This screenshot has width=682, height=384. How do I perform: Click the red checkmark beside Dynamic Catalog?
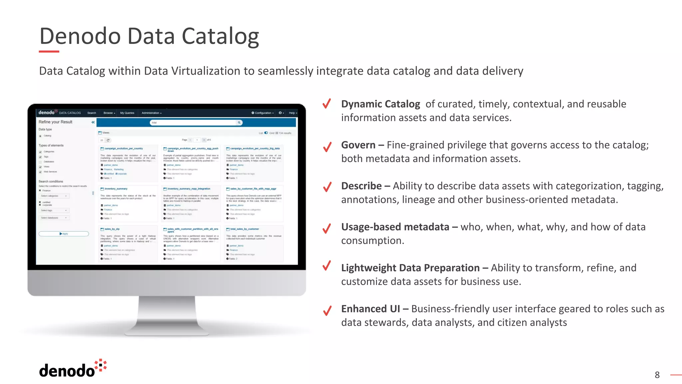tap(327, 104)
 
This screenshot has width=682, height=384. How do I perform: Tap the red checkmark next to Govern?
tap(327, 146)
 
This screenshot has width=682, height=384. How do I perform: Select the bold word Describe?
tap(361, 186)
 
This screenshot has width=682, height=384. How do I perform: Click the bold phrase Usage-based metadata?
tap(395, 227)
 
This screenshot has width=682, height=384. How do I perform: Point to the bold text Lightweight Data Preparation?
tap(410, 268)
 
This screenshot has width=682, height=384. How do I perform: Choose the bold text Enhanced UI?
tap(370, 309)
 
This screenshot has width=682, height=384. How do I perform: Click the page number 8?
tap(657, 375)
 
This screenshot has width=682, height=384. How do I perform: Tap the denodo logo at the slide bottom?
tap(73, 369)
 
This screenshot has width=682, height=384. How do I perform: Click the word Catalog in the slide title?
tap(220, 36)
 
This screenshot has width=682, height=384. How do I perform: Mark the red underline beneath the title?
tap(49, 52)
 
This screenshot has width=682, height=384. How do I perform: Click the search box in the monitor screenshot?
tap(195, 123)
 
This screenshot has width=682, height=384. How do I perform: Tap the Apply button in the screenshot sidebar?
tap(64, 234)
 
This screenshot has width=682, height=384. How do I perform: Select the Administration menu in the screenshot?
tap(152, 113)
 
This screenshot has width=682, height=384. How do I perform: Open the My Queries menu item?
tap(127, 113)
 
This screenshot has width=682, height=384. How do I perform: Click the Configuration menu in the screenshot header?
tap(263, 113)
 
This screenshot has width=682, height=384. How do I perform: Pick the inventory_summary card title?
tap(116, 189)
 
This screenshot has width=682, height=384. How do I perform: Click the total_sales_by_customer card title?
tap(244, 229)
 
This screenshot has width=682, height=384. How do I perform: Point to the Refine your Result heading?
tap(55, 122)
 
